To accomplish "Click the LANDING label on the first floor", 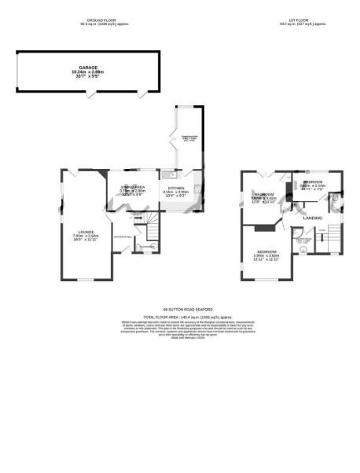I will (312, 218).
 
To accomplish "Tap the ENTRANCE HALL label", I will (123, 236).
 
